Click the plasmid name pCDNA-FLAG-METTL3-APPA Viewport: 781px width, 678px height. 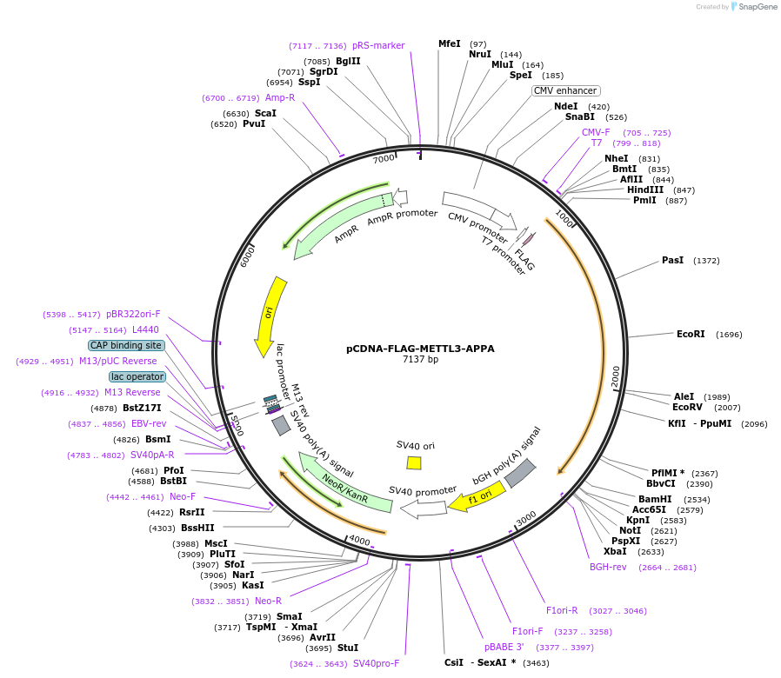420,349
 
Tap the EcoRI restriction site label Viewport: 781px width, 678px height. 691,334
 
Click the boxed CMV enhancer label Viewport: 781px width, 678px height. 565,90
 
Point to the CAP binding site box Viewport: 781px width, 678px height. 126,345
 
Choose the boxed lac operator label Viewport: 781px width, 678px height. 137,376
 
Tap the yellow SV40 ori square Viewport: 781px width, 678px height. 414,462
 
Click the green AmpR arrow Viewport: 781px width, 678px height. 339,226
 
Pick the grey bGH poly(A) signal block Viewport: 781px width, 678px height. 520,472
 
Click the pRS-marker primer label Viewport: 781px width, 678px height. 378,45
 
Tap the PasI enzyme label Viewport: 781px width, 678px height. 672,260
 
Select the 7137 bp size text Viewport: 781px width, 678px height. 420,359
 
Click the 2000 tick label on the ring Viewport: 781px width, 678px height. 615,377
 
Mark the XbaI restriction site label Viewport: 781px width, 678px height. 615,551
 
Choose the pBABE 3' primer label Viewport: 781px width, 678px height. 504,647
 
